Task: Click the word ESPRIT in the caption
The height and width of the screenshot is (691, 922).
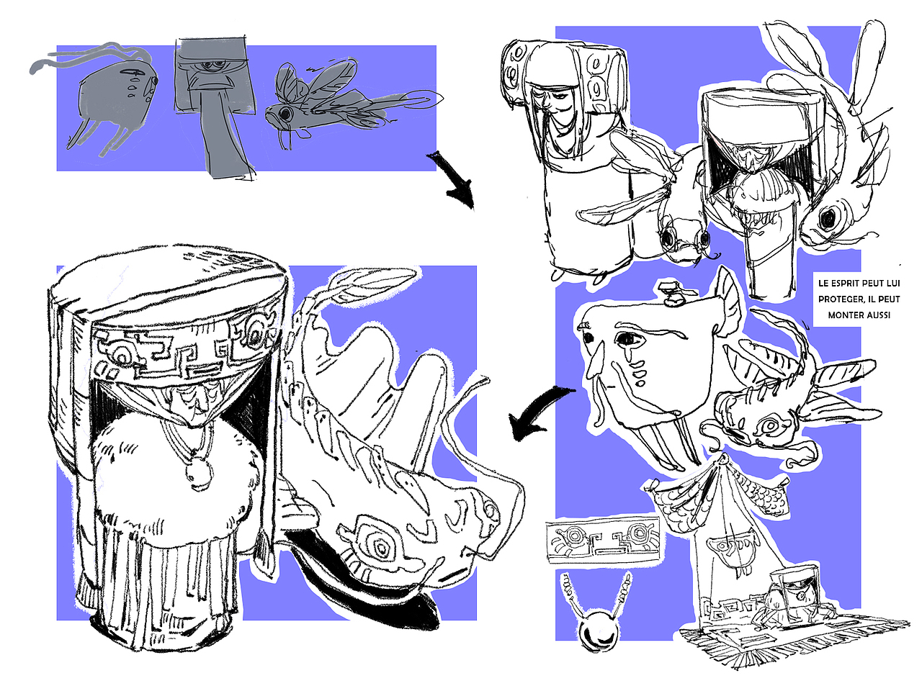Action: click(848, 283)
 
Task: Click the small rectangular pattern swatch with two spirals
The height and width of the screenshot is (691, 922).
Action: click(604, 541)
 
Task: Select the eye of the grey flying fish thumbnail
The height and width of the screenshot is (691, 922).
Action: click(286, 112)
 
